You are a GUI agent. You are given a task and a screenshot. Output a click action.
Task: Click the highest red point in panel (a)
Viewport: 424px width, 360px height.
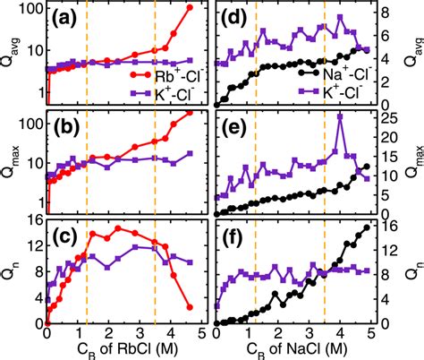tap(190, 8)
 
